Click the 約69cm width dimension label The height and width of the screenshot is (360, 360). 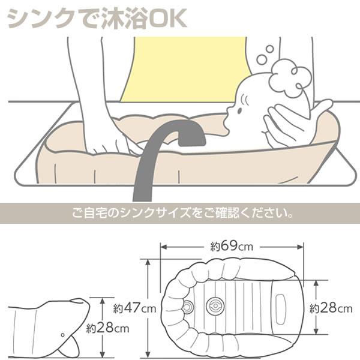coord(232,247)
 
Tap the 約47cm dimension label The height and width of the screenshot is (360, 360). coord(134,308)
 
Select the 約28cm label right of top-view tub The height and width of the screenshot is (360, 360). coord(331,308)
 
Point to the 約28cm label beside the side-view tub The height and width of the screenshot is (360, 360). coord(107,328)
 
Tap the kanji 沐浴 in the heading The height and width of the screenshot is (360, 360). coord(124,18)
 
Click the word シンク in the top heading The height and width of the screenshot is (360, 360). coord(42,18)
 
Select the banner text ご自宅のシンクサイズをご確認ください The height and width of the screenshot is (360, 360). coord(182,213)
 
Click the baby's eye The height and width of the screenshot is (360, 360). coord(239,111)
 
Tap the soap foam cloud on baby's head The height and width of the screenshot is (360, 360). coord(290,78)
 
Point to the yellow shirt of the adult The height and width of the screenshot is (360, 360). coord(184,69)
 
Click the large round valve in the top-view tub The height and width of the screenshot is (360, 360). coord(215,306)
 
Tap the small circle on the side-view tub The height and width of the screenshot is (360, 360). coord(62,335)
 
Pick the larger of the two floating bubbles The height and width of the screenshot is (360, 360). coord(262,59)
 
